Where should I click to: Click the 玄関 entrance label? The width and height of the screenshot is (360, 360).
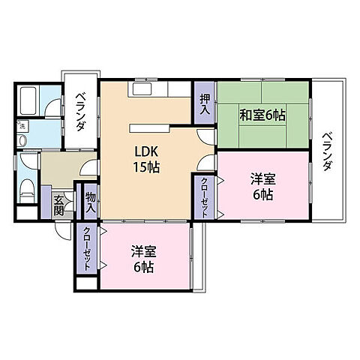pyautogui.click(x=59, y=204)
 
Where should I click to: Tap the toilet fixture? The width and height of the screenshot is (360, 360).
pyautogui.click(x=26, y=187)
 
